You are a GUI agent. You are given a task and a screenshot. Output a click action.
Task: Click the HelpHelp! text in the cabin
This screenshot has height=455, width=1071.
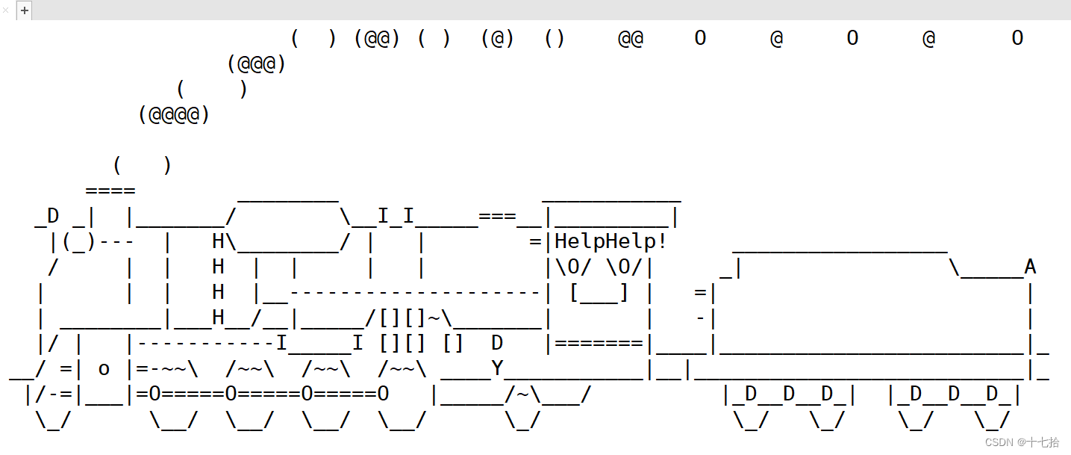(611, 241)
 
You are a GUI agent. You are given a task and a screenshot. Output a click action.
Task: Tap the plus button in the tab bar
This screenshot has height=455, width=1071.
(25, 10)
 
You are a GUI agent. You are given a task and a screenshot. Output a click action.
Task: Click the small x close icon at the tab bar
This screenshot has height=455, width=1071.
(6, 10)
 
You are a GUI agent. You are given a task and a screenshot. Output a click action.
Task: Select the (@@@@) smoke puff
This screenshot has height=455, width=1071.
(174, 115)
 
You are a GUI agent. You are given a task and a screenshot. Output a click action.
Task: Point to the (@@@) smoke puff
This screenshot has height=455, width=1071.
(257, 64)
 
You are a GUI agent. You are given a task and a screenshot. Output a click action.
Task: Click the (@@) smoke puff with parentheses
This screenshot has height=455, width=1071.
(377, 38)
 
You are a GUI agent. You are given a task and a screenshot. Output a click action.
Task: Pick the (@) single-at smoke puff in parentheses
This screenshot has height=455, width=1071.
(498, 38)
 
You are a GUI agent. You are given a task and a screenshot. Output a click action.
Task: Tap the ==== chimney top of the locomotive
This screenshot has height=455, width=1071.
(110, 191)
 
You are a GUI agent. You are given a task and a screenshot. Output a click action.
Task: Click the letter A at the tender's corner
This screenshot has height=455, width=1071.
(1030, 267)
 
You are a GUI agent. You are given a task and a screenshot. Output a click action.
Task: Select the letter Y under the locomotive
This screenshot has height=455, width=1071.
(498, 368)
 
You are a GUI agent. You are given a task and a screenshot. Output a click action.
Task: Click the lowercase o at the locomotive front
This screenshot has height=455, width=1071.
(104, 369)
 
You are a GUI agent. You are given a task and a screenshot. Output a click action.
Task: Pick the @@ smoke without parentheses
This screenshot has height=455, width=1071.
(631, 38)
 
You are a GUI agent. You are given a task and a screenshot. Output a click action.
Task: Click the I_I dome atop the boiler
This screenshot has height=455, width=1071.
(396, 217)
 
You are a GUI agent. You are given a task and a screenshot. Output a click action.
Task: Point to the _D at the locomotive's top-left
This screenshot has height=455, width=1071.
(47, 217)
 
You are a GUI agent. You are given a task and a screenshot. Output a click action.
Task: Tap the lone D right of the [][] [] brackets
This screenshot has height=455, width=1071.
(497, 343)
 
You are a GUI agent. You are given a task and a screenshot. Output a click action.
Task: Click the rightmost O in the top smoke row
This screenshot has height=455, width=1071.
(1017, 38)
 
